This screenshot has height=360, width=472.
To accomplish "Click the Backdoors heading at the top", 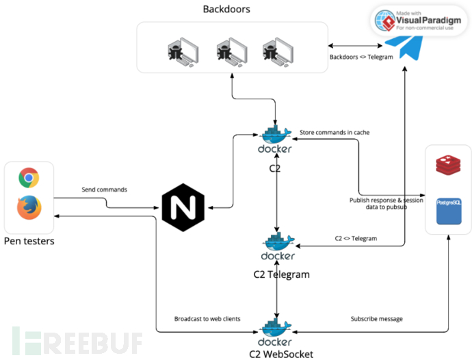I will [226, 9].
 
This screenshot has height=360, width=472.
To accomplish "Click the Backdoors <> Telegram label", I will [361, 57].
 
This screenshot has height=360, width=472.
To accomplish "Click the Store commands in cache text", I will [335, 131].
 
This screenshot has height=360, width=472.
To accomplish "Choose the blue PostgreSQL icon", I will [448, 212].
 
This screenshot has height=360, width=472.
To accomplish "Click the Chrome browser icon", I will [29, 178].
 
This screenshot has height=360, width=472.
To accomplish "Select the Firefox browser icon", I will [29, 207].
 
